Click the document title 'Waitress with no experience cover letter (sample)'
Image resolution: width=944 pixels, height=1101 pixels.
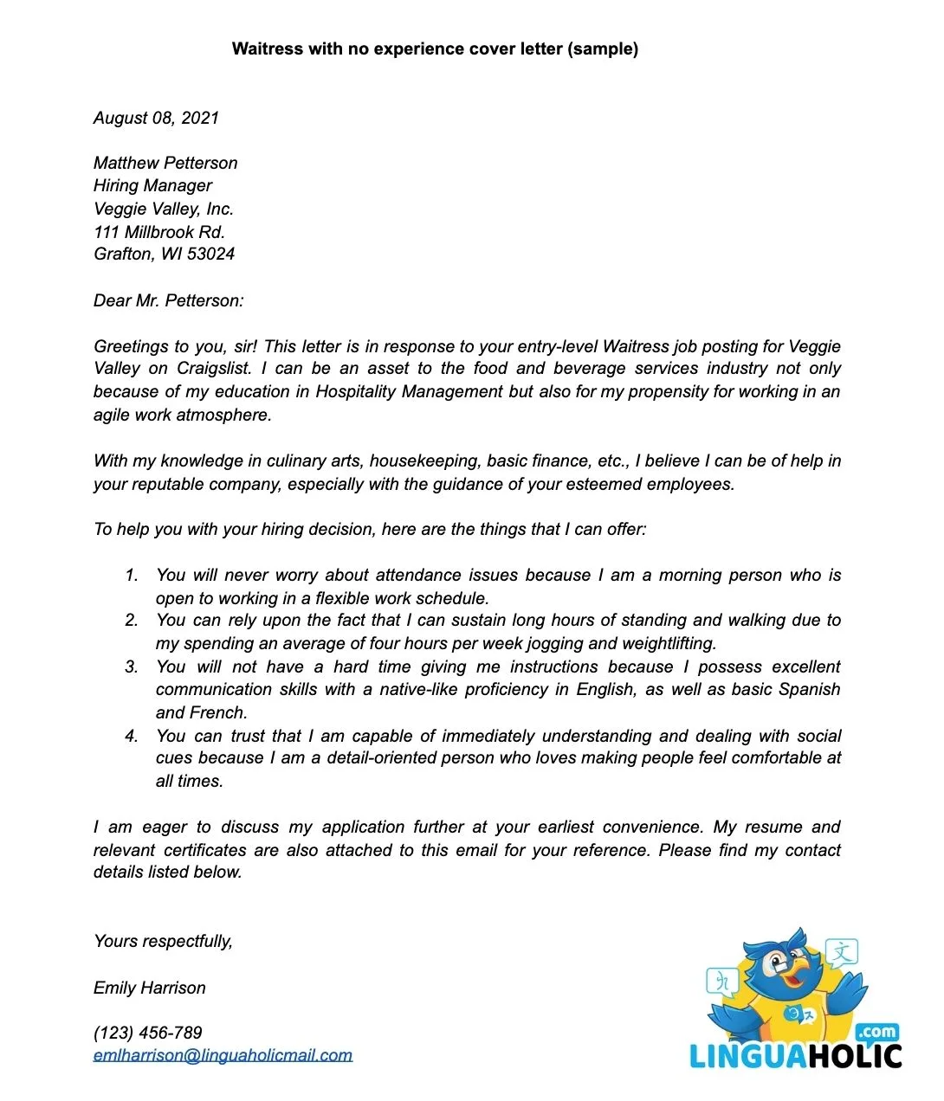[x=435, y=49]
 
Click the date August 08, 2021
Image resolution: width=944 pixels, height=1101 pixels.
[x=156, y=119]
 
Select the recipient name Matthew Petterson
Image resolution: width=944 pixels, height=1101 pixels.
[x=165, y=164]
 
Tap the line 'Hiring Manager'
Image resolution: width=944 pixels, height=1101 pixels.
[x=152, y=186]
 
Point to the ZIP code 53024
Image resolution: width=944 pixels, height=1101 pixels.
[x=210, y=254]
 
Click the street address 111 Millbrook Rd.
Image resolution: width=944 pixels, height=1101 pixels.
[x=159, y=232]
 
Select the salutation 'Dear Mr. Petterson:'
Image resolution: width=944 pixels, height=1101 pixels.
[x=169, y=301]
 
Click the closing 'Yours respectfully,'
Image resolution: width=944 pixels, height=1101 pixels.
[x=163, y=942]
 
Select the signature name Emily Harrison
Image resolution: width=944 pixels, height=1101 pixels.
[x=150, y=988]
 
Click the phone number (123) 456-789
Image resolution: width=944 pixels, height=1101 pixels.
[x=148, y=1033]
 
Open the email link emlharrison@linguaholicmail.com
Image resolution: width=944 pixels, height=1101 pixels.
[x=223, y=1056]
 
